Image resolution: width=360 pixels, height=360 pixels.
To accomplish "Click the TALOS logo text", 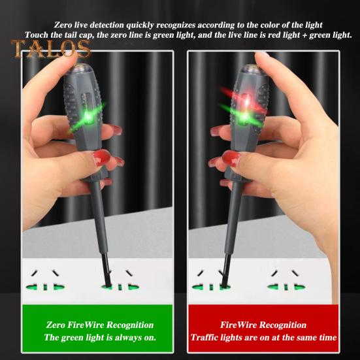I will [x=50, y=48].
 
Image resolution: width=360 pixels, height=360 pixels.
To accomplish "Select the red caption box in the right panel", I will [x=263, y=331].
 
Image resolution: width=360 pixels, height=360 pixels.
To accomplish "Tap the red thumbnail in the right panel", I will [x=230, y=158].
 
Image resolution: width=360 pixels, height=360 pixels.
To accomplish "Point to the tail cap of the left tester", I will [x=78, y=71].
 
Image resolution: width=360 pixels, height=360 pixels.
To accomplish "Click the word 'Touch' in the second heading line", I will [x=39, y=34].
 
